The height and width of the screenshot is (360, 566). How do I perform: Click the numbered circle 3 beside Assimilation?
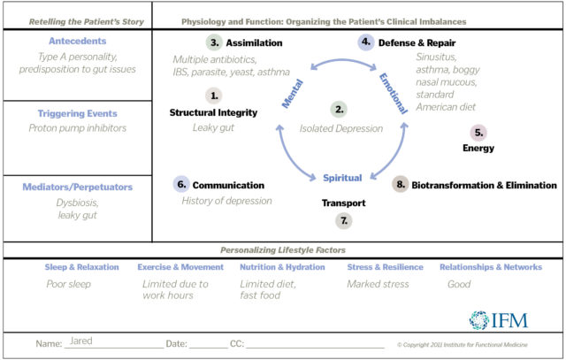click(213, 42)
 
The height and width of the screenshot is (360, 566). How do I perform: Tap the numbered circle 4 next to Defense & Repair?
click(366, 42)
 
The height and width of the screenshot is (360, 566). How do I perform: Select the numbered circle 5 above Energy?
click(478, 133)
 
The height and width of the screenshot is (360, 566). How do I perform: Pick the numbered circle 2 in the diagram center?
click(339, 110)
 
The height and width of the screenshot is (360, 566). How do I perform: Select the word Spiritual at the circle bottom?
click(342, 178)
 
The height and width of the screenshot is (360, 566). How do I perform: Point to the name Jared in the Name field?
click(81, 341)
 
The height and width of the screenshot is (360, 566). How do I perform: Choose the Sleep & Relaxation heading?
click(81, 267)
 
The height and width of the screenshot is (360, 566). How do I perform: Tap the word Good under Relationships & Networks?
click(458, 284)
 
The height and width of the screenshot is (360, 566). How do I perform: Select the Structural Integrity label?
click(213, 112)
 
